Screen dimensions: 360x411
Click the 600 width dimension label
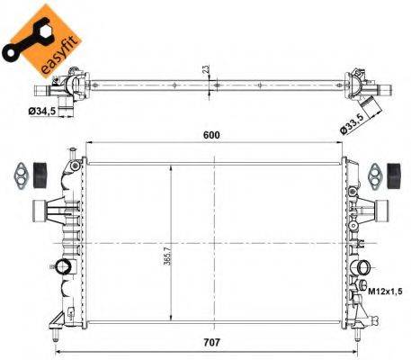point(211,135)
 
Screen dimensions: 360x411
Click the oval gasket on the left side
point(17,171)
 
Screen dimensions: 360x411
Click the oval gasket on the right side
point(373,171)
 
